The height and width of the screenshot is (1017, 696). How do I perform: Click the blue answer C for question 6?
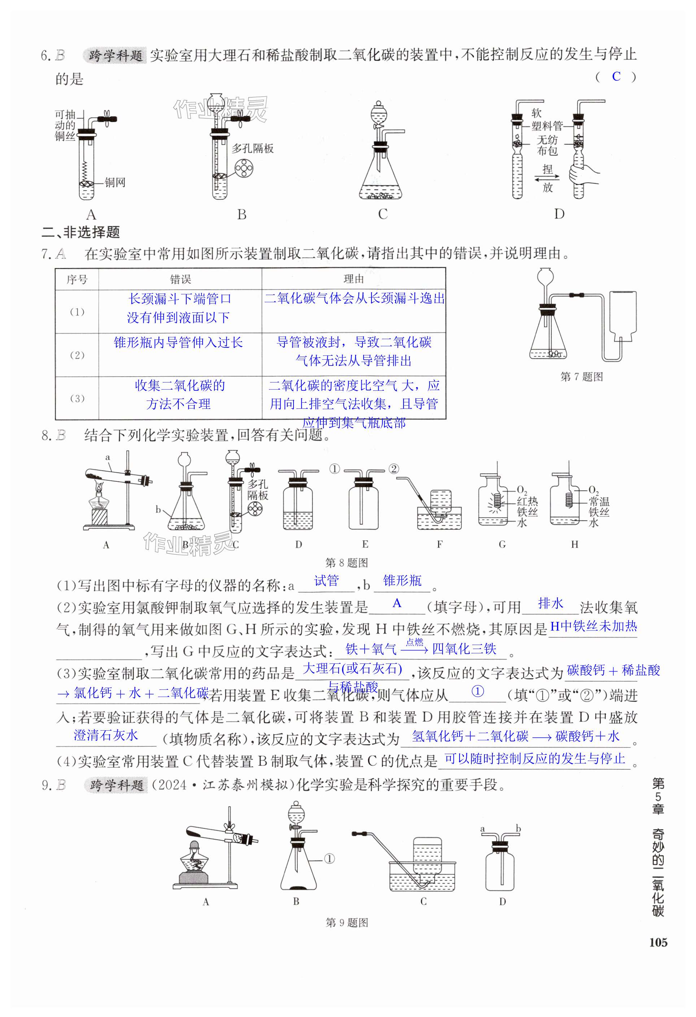point(616,77)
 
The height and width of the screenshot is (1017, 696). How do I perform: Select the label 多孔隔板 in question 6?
point(252,148)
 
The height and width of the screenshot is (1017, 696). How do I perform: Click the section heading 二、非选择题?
point(81,232)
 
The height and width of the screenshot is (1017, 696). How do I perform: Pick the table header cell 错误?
point(180,279)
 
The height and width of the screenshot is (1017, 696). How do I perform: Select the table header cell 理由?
point(353,279)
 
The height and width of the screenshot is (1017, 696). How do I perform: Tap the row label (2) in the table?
point(77,355)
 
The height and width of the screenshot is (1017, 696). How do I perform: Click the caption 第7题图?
point(582,376)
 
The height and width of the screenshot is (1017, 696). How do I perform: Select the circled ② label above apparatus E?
point(393,469)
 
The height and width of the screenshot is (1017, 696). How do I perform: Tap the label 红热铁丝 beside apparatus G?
point(527,506)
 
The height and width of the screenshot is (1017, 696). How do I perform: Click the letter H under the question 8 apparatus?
point(574,544)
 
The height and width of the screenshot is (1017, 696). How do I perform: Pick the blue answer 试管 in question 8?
point(326,581)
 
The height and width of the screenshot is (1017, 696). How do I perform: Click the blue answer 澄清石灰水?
point(105,735)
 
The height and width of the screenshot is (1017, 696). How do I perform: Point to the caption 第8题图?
point(347,563)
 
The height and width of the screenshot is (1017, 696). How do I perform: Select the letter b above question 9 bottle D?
point(518,828)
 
